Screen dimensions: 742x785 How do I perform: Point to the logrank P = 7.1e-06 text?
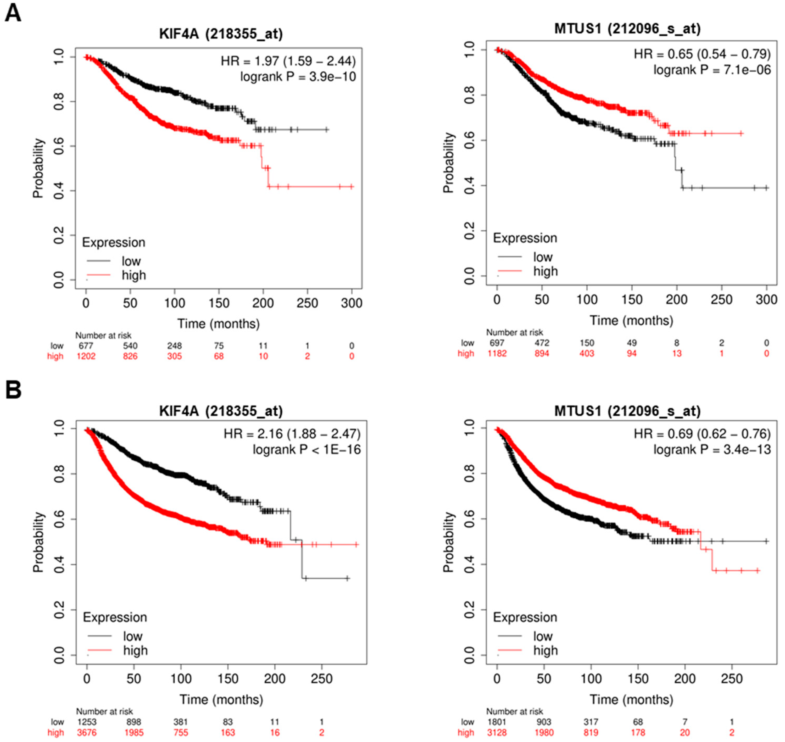click(712, 70)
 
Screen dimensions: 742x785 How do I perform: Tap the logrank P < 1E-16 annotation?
click(307, 450)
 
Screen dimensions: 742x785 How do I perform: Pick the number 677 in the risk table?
click(86, 346)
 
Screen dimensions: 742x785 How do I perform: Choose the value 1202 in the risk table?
click(86, 356)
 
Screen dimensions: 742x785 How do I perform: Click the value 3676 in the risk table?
click(87, 733)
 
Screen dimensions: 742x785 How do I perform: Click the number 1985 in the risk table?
click(134, 733)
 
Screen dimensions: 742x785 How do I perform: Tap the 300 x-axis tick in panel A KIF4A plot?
click(352, 303)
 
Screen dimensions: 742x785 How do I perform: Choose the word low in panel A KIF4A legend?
click(131, 261)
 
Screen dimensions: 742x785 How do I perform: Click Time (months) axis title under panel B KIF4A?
click(221, 699)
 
